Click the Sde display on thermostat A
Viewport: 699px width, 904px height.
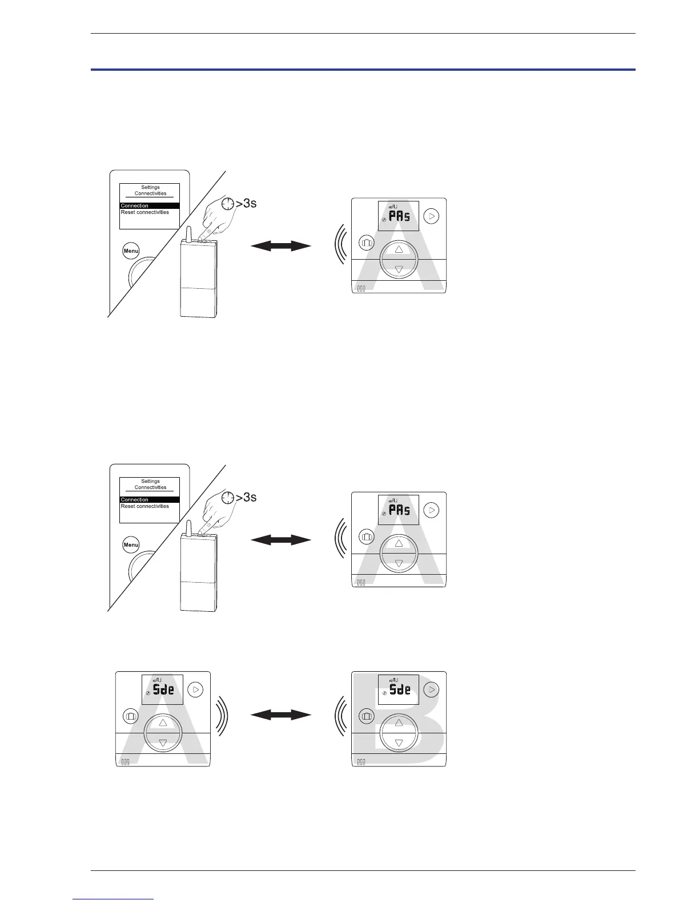pos(163,689)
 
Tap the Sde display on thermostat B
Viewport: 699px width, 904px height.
pos(399,689)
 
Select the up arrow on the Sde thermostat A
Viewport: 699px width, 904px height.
pos(163,723)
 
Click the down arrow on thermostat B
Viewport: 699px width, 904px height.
pos(399,743)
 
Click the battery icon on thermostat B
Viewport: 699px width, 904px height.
pos(361,762)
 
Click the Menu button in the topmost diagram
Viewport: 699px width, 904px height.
pos(131,251)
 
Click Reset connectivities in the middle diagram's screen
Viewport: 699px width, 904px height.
pos(145,506)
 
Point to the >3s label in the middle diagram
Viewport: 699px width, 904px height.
pos(246,498)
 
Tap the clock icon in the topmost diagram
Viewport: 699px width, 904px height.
pos(229,204)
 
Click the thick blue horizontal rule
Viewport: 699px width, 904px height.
pos(363,70)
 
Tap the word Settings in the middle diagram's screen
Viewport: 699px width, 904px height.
pos(151,481)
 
